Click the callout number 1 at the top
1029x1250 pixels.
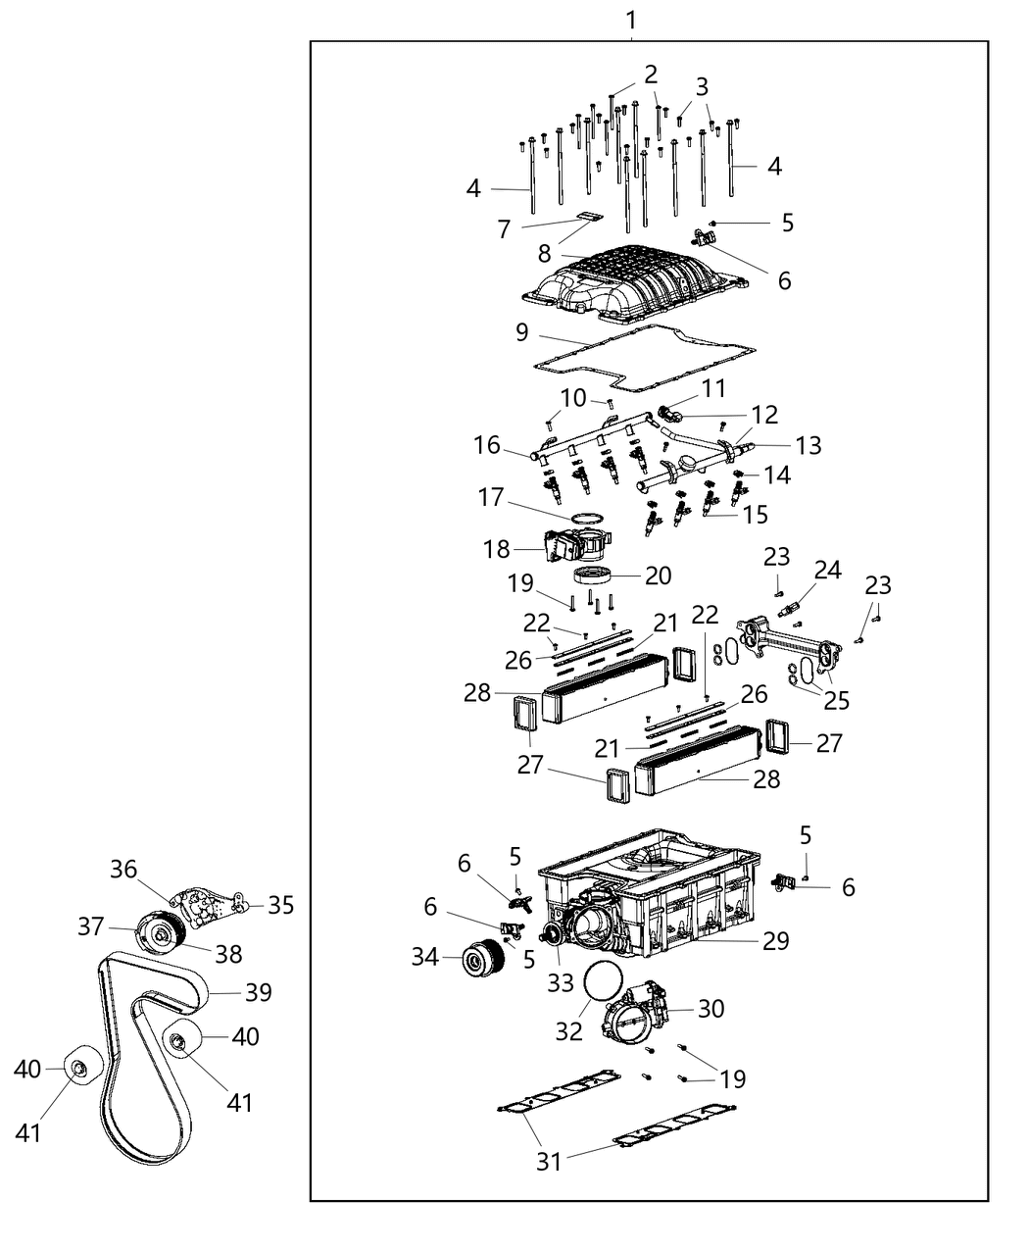click(631, 19)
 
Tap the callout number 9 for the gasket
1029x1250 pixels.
click(522, 332)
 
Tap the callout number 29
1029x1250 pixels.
click(776, 939)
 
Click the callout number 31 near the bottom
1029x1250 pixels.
click(549, 1161)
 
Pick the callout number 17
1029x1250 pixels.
click(491, 498)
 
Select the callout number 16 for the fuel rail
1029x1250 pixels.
click(487, 445)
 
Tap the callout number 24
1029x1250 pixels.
click(827, 570)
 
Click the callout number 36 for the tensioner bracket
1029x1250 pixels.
click(123, 869)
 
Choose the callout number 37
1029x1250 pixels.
click(91, 925)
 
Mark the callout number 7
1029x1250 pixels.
click(504, 229)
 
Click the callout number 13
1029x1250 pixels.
click(808, 446)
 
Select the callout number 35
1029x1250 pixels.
click(280, 904)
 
